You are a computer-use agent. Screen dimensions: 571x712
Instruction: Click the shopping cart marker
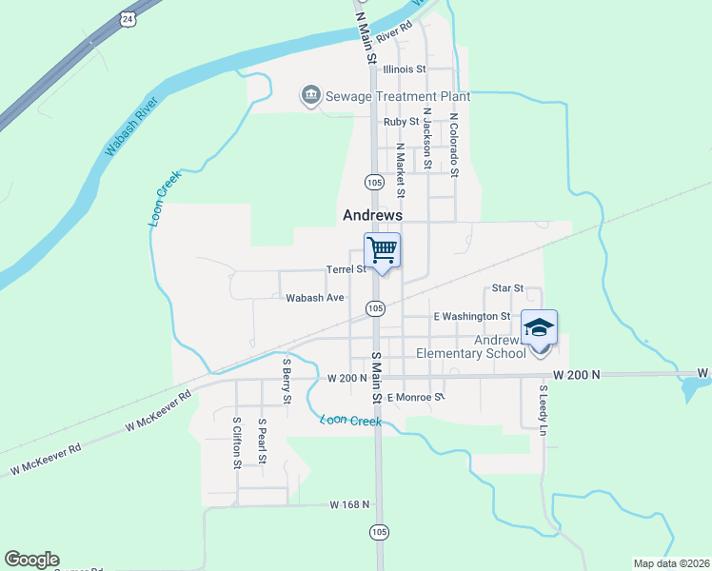coord(382,250)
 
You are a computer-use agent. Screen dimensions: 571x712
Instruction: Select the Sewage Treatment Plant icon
coord(310,96)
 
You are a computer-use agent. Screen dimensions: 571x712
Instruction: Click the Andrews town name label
coord(372,216)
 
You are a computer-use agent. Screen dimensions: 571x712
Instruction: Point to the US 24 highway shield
coord(128,18)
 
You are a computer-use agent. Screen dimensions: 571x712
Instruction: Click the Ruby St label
coord(401,122)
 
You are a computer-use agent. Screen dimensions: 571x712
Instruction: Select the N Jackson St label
coord(427,139)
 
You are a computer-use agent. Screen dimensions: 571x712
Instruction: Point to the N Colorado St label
coord(454,146)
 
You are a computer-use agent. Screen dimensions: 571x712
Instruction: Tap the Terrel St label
coord(346,269)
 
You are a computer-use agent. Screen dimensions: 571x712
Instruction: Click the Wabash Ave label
coord(315,298)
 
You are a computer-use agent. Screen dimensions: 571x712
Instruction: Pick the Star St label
coord(507,287)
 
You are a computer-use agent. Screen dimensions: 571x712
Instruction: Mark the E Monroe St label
coord(416,397)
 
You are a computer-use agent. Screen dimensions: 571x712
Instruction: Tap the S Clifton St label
coord(237,442)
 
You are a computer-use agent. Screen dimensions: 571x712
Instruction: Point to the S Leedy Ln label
coord(544,410)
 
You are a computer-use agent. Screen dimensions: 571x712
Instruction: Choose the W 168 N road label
coord(349,503)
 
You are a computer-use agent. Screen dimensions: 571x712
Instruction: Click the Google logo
coord(31,560)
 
